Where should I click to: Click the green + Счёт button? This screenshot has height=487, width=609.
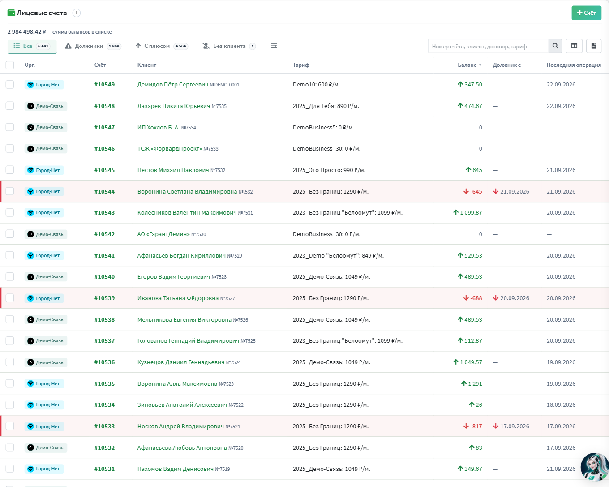[x=586, y=13]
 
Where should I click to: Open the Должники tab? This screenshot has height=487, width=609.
[x=93, y=46]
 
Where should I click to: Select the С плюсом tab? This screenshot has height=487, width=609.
[x=162, y=46]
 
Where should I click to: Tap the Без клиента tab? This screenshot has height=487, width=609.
[x=229, y=46]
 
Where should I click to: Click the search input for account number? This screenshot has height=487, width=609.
[x=488, y=46]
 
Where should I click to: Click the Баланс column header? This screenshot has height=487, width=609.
[x=469, y=65]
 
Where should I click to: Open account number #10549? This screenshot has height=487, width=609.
[x=104, y=84]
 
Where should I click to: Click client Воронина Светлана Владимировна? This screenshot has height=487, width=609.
[x=187, y=191]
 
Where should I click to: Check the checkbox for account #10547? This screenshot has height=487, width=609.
[x=10, y=127]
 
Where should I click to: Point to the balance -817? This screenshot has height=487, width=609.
[x=472, y=426]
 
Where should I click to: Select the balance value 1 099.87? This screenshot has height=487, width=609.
[x=467, y=213]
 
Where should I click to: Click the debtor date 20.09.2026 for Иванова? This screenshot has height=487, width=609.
[x=511, y=298]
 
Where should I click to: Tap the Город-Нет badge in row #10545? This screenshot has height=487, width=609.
[x=44, y=170]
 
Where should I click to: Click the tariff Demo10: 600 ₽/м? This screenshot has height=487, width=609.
[x=317, y=84]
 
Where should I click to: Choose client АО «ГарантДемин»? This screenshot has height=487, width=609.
[x=163, y=234]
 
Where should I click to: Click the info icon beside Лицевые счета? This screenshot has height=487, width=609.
[x=77, y=13]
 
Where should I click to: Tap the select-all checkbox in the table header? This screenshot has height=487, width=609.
[x=10, y=65]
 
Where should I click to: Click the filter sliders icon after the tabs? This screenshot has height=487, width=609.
[x=274, y=46]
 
